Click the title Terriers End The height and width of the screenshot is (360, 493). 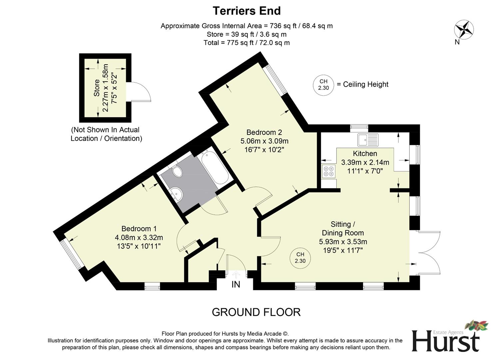pyautogui.click(x=246, y=11)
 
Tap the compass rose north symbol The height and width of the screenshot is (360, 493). pyautogui.click(x=464, y=30)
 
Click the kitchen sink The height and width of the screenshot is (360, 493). pyautogui.click(x=368, y=140)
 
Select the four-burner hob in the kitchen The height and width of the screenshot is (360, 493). pyautogui.click(x=328, y=171)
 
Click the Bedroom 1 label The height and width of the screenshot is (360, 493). pyautogui.click(x=139, y=229)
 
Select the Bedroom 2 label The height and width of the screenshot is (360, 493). pyautogui.click(x=264, y=132)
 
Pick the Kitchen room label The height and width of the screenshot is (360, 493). pyautogui.click(x=365, y=154)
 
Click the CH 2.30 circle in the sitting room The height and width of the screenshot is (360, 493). pyautogui.click(x=300, y=258)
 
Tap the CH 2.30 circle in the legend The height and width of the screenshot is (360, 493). pyautogui.click(x=323, y=85)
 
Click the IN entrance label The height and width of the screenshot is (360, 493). pyautogui.click(x=236, y=285)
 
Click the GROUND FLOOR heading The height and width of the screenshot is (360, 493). pyautogui.click(x=256, y=312)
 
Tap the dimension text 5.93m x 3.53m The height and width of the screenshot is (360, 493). pyautogui.click(x=343, y=242)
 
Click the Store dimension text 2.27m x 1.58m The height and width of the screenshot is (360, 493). pyautogui.click(x=106, y=88)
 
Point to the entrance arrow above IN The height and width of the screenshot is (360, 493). pyautogui.click(x=236, y=274)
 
